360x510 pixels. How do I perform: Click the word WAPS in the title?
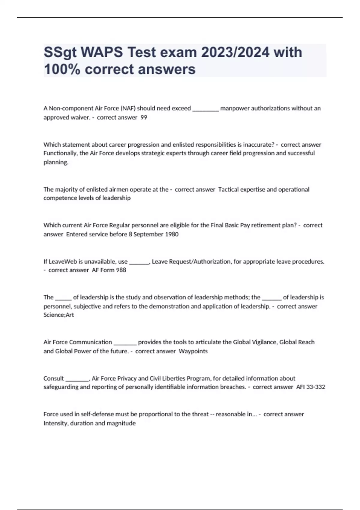point(102,52)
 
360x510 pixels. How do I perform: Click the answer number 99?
point(144,118)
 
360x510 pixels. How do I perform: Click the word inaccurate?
point(258,145)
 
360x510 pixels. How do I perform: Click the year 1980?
point(172,234)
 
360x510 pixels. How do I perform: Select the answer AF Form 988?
point(109,270)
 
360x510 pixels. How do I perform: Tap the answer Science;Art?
point(58,315)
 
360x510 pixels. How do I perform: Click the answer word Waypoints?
point(193,351)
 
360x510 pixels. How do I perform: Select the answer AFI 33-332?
point(310,387)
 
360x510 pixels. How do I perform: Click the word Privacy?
point(127,379)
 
